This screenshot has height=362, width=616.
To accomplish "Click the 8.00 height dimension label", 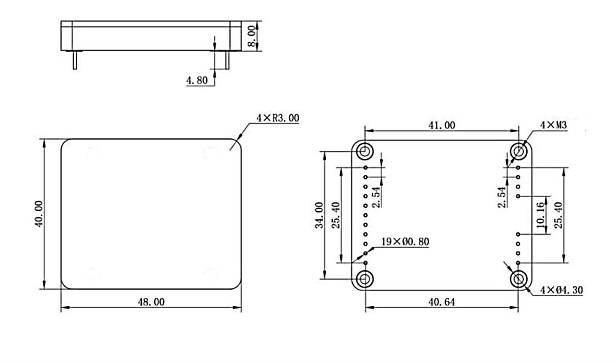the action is (251, 36).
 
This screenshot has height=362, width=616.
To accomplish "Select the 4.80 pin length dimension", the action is (197, 80).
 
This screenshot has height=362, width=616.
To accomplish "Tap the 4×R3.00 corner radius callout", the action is (278, 118).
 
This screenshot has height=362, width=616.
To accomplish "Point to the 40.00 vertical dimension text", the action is (39, 214).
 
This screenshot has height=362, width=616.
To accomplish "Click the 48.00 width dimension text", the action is (151, 302).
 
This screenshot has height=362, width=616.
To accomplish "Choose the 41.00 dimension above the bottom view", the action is (442, 125).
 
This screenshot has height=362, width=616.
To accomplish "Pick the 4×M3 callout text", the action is (554, 125).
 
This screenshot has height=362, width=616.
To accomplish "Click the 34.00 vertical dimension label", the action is (319, 215).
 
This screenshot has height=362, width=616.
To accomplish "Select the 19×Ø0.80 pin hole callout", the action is (405, 242).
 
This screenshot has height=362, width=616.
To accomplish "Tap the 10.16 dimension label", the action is (540, 216).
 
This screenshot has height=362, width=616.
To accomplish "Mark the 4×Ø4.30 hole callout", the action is (561, 290).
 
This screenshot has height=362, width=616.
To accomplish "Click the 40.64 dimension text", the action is (442, 302).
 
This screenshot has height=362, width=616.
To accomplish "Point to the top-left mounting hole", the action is (365, 151).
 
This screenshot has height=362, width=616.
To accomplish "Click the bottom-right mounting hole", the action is (519, 279).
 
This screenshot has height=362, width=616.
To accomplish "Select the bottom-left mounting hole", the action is (365, 279).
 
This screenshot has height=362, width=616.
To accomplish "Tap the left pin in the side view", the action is (75, 60).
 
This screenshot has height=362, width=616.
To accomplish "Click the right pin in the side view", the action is (227, 60).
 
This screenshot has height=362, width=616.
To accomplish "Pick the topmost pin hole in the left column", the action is (365, 168).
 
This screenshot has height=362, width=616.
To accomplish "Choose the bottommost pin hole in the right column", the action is (518, 263).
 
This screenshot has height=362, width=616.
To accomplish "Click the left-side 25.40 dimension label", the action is (336, 215).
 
